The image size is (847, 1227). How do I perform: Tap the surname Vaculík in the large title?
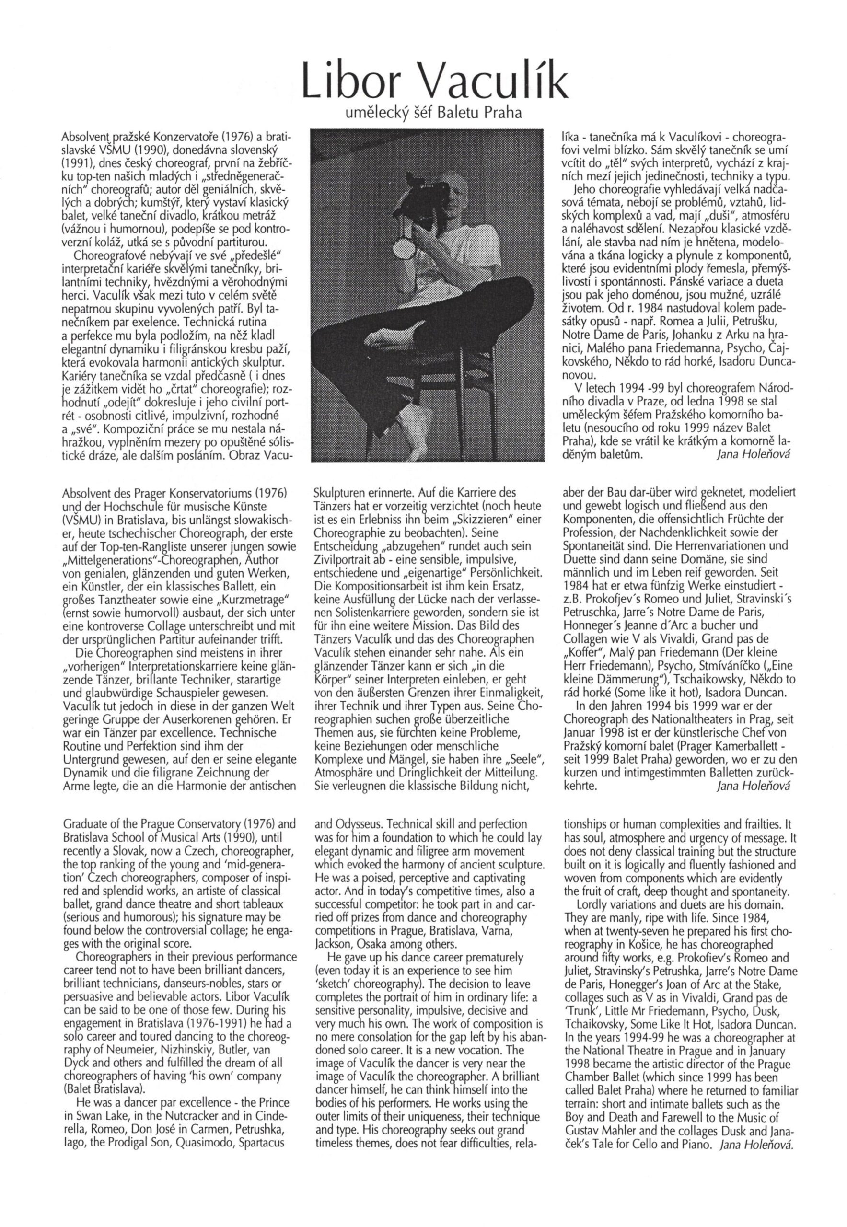[485, 79]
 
